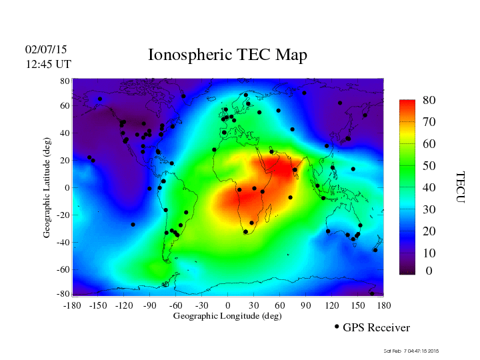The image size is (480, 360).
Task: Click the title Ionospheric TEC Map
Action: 227,55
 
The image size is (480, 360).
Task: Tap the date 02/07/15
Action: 46,49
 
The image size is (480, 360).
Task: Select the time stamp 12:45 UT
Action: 48,64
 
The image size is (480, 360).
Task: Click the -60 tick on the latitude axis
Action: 63,269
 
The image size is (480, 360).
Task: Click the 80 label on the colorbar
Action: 429,100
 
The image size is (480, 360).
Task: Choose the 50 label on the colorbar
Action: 429,165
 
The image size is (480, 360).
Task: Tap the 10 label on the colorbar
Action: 429,253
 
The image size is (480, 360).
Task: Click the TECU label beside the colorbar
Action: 459,187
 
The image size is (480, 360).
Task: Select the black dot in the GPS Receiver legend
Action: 337,327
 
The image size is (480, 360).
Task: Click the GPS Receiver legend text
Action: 376,327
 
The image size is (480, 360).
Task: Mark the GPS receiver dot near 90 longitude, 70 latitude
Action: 304,93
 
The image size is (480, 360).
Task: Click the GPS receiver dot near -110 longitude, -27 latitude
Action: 133,225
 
